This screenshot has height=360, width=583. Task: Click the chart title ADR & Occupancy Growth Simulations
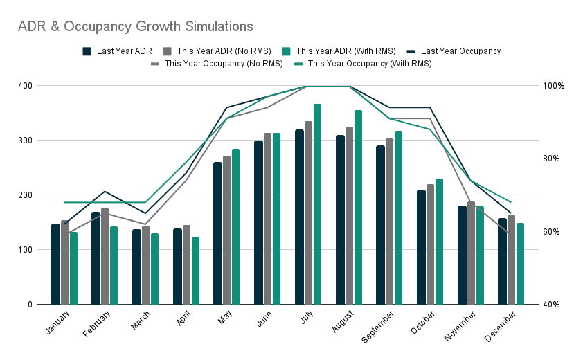(136, 27)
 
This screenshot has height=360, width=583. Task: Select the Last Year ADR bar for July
(299, 217)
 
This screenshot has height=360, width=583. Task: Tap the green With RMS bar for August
(358, 207)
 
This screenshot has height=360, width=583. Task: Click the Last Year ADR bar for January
(55, 264)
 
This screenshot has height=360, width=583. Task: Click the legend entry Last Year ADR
(118, 51)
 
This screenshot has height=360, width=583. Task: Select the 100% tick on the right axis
(554, 86)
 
